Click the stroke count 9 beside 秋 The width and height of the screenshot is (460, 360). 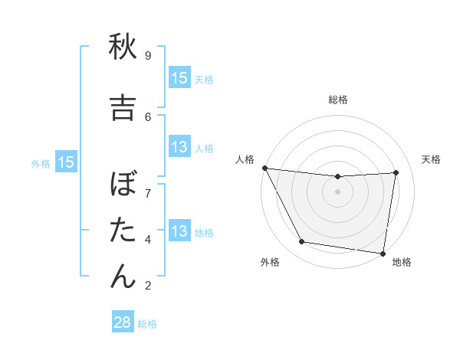[147, 55]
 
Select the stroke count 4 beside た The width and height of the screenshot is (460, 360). [147, 239]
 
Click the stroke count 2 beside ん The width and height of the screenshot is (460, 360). [147, 285]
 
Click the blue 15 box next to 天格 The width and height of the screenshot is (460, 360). [179, 77]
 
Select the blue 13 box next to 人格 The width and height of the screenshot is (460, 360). [179, 148]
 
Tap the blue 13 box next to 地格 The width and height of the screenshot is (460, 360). [179, 231]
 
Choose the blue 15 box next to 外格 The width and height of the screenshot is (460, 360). [66, 162]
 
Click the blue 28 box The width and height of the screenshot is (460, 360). [123, 322]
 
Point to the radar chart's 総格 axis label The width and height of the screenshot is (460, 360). [337, 100]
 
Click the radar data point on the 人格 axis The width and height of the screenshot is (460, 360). [265, 168]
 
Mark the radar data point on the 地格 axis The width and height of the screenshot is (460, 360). [383, 253]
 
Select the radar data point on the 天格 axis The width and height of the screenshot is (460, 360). [396, 172]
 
